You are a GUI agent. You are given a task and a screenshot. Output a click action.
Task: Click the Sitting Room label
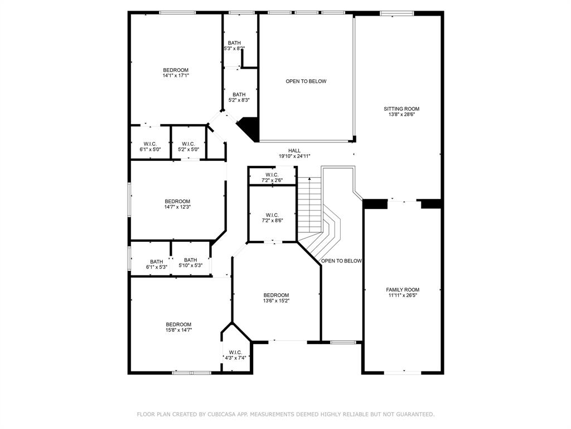401,109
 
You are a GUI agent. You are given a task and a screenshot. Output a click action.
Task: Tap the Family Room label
403,290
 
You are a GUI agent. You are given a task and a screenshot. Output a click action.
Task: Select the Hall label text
294,151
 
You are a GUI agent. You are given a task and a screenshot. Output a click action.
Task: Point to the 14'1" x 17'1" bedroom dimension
176,75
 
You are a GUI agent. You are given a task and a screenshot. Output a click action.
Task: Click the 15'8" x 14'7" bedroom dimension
178,330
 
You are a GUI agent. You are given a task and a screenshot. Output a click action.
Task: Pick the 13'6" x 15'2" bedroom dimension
276,301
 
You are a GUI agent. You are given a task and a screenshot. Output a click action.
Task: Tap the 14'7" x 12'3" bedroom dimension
177,207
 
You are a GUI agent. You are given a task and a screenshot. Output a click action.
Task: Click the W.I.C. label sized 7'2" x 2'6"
272,175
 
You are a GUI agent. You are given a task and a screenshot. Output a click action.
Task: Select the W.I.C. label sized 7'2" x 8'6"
272,215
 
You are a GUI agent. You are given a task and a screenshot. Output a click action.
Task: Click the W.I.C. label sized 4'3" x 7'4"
235,352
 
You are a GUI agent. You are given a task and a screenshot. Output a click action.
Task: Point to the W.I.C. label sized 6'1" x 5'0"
150,144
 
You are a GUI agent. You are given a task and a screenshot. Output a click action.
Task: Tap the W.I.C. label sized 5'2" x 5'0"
188,144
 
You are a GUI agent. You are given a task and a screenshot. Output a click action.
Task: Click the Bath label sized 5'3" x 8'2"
234,43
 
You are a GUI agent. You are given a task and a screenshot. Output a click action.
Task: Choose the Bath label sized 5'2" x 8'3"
239,95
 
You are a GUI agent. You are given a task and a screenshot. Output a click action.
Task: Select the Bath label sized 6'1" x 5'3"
157,262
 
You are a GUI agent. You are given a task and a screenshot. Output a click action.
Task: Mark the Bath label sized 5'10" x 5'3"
191,260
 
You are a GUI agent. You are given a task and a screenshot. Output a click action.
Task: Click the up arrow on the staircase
309,179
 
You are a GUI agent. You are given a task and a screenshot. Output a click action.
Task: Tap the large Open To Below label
306,82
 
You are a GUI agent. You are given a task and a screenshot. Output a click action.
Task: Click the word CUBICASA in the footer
222,414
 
